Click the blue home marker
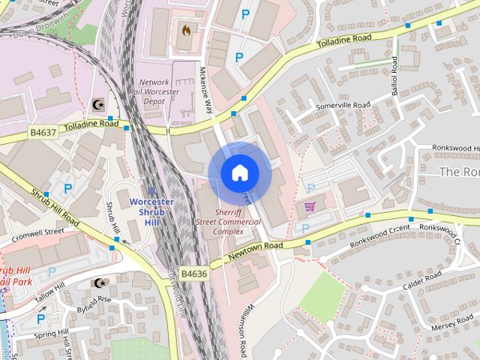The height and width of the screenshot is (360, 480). (239, 172)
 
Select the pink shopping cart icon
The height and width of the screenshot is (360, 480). (310, 205)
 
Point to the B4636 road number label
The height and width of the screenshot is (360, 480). (193, 274)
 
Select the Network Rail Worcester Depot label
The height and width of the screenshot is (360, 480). (164, 91)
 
